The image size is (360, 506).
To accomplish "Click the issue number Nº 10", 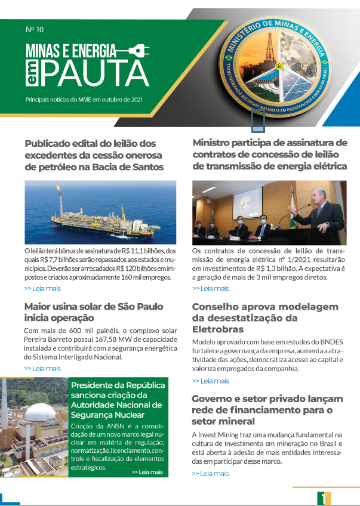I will coord(35,29).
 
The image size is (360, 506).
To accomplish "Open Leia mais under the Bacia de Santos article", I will coord(42,288).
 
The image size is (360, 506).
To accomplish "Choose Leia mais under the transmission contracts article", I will coord(210,288).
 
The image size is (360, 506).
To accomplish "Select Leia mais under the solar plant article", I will coord(42,368).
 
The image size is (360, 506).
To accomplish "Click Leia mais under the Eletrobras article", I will coord(210,381).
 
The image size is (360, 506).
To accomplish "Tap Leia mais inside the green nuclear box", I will coord(146,472).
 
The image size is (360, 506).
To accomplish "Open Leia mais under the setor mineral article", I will coord(210,473).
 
